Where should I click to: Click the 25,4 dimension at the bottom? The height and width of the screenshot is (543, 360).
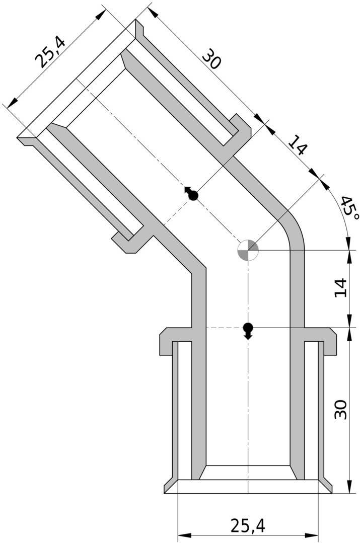(248, 525)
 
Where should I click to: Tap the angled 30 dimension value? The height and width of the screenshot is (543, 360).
(211, 58)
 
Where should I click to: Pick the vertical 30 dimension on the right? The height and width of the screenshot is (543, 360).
(341, 409)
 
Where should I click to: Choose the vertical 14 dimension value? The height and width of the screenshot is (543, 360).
(341, 287)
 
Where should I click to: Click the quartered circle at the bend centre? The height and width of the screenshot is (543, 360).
(248, 250)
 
